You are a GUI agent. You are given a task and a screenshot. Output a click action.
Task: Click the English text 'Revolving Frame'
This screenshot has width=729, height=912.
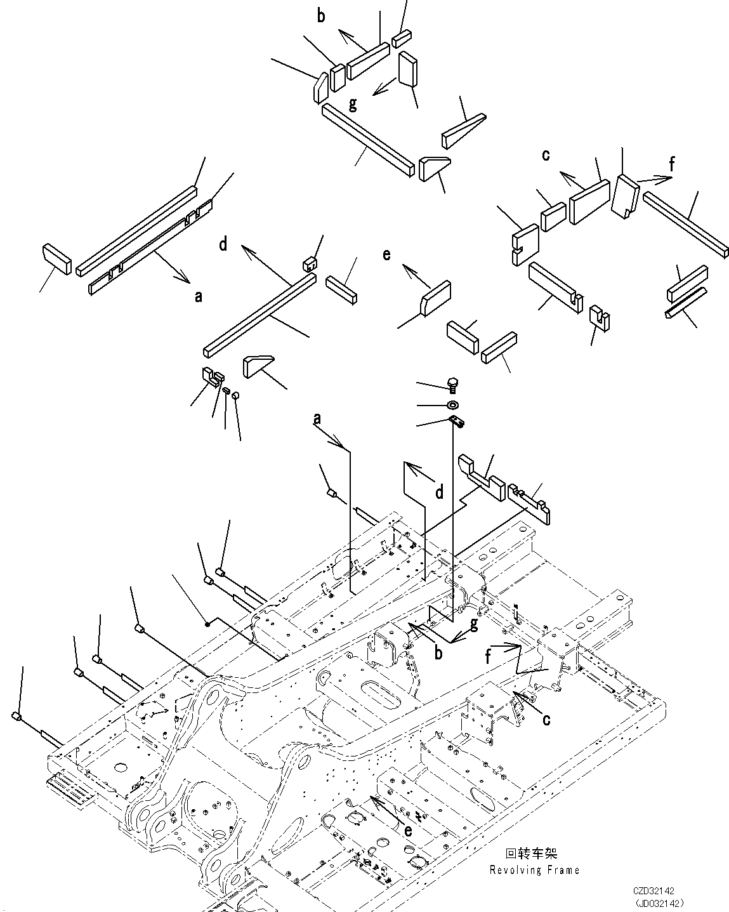[x=534, y=870]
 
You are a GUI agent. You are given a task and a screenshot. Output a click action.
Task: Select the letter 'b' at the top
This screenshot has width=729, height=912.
[x=321, y=17]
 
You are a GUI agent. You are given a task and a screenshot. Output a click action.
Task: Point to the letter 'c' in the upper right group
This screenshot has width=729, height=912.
[x=546, y=155]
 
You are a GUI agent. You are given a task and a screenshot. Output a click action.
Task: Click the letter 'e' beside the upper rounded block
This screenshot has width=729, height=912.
[x=386, y=255]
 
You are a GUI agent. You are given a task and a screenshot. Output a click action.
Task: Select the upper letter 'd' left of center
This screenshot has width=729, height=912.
[x=223, y=244]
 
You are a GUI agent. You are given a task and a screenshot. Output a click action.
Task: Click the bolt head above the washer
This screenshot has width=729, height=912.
[x=452, y=383]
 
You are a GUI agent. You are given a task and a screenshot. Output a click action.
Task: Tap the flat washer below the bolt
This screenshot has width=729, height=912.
[x=452, y=405]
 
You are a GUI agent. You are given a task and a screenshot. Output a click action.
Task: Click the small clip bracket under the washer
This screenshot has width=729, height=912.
[x=456, y=421]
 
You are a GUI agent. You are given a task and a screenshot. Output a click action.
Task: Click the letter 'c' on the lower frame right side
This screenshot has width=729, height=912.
[x=546, y=719]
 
